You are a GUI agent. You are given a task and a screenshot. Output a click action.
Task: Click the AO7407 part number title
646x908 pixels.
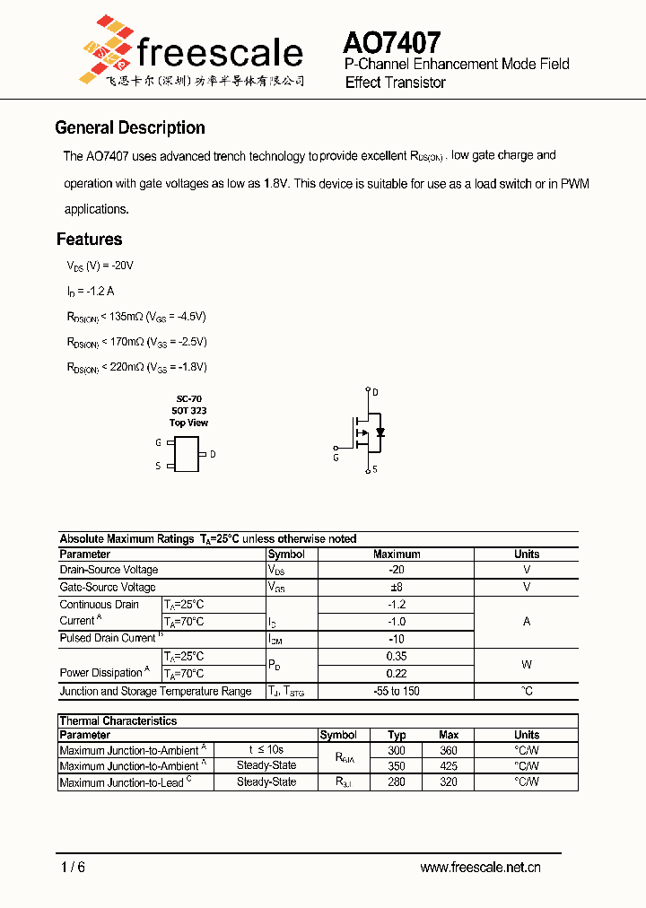[x=391, y=43]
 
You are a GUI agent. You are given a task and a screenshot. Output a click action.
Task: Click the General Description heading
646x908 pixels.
[x=130, y=127]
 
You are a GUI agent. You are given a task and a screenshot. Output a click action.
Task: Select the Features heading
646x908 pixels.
[x=89, y=239]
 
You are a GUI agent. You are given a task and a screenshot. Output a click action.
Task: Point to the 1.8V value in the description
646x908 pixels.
[x=276, y=183]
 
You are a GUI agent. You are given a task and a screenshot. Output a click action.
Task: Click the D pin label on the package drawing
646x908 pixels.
[x=213, y=454]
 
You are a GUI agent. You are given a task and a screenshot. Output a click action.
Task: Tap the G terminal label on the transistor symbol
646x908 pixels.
[x=336, y=458]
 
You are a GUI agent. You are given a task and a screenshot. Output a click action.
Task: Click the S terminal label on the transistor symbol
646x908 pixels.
[x=375, y=469]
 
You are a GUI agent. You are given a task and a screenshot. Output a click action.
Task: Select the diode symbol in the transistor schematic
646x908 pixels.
[x=380, y=432]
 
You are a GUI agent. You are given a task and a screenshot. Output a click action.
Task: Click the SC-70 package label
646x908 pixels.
[x=188, y=397]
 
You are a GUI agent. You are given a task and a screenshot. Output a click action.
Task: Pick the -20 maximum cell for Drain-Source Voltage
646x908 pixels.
[x=397, y=570]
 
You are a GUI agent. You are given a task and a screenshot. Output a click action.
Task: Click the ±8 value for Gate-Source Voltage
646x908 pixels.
[x=397, y=587]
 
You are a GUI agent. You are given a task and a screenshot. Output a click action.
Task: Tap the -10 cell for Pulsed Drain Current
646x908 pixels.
[x=397, y=638]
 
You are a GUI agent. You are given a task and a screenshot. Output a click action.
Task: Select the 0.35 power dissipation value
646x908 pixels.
[x=397, y=656]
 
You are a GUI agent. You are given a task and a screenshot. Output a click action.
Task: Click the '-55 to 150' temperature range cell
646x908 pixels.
[x=397, y=691]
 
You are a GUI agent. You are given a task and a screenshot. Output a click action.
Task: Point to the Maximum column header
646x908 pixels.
[x=397, y=554]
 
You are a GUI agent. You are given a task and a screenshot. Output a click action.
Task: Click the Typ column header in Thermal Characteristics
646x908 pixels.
[x=397, y=735]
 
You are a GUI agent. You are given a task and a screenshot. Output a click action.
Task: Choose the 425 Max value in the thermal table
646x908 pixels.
[x=449, y=766]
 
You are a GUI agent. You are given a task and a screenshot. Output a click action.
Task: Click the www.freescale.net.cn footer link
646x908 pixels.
[x=480, y=868]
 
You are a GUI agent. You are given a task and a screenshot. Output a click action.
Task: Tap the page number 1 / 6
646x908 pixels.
[x=74, y=868]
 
